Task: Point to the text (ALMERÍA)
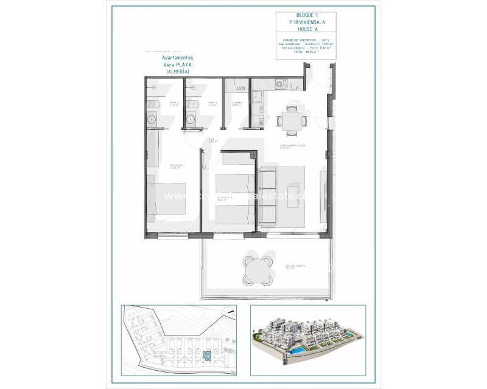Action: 177,72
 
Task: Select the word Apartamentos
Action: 177,58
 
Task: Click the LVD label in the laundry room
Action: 240,89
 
